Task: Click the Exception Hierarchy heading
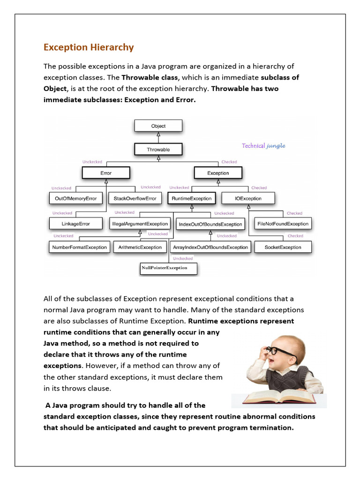89,47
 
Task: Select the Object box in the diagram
158,126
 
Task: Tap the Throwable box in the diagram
158,150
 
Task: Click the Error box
106,173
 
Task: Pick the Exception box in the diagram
218,173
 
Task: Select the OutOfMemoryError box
75,198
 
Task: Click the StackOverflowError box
135,198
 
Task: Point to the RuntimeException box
191,198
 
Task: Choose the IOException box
248,198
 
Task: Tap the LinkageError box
75,224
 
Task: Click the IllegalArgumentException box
140,224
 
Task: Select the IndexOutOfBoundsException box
210,224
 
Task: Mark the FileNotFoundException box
283,224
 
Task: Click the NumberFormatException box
80,247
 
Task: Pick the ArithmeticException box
140,247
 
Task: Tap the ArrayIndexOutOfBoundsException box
210,247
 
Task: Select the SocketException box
283,247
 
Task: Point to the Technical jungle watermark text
263,145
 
